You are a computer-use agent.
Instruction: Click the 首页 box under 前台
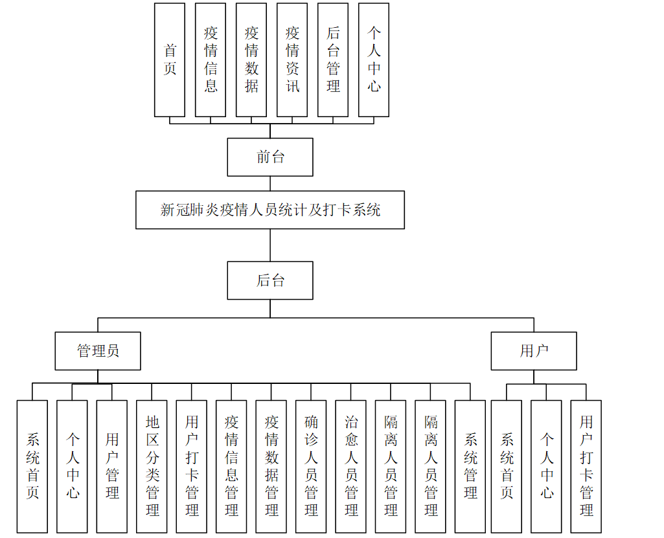[x=170, y=60]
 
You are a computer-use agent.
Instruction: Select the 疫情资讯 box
[x=292, y=60]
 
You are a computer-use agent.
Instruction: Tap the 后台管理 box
[x=333, y=60]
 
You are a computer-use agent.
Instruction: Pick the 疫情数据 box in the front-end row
[x=251, y=60]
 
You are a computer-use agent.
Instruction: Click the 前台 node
[x=270, y=157]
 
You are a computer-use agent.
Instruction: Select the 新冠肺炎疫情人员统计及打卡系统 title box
[x=270, y=210]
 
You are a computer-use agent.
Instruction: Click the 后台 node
[x=270, y=280]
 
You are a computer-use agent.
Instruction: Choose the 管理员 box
[x=98, y=351]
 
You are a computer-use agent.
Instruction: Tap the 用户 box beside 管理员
[x=534, y=351]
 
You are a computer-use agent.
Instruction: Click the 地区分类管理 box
[x=152, y=466]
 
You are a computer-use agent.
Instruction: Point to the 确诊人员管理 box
[x=312, y=466]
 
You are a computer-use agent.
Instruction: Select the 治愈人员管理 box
[x=351, y=466]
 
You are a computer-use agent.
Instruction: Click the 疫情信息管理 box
[x=232, y=466]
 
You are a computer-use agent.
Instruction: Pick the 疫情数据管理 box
[x=271, y=466]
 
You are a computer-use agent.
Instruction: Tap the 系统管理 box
[x=470, y=466]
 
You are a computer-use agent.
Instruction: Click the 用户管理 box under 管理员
[x=112, y=466]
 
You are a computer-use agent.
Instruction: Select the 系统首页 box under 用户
[x=507, y=466]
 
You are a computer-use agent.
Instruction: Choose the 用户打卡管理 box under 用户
[x=586, y=466]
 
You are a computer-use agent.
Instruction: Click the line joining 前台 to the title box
[x=270, y=183]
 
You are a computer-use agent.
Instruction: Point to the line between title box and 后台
[x=270, y=245]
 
